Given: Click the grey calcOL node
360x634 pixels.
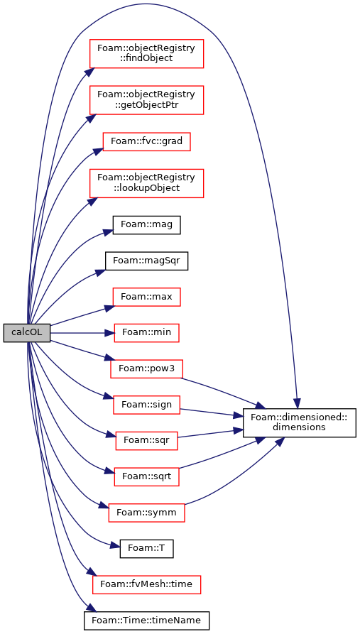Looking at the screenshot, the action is pos(27,333).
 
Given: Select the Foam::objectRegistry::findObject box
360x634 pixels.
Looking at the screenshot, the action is pos(146,54).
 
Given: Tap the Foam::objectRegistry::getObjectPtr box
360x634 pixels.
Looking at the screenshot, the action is pos(146,100).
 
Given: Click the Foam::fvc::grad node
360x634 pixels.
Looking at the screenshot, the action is pos(146,141).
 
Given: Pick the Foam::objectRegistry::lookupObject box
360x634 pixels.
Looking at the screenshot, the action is pos(146,183).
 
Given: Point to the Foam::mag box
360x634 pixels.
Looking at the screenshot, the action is pos(146,225).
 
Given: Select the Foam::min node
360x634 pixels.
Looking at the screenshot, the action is pos(146,333).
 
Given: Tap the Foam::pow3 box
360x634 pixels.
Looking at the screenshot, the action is pos(146,368).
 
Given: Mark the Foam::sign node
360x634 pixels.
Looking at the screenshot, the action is pos(146,405).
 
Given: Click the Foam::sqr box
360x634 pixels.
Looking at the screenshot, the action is pos(146,441).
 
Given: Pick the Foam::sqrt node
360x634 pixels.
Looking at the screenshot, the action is pos(146,477).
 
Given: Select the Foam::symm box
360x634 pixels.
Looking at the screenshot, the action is pos(146,513).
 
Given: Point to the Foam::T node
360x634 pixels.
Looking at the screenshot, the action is pos(146,549).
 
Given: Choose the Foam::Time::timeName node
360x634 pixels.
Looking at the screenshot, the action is pos(146,621).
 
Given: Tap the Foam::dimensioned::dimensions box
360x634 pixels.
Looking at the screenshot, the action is pos(300,423).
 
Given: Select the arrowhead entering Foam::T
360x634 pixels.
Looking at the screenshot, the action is pos(115,547).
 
